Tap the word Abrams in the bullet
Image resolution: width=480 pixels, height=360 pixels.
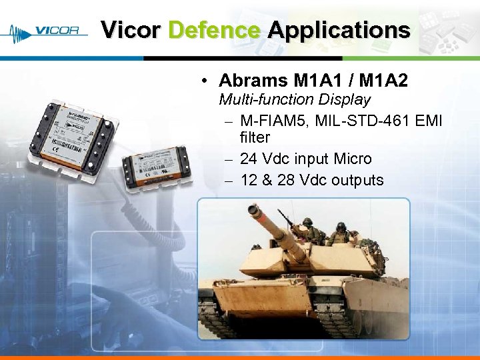point(253,81)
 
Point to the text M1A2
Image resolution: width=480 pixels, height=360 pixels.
point(383,81)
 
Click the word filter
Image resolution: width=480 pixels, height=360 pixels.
point(255,137)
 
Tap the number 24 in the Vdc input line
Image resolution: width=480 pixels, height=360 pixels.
point(249,159)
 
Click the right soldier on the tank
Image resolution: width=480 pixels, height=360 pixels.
point(341,234)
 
